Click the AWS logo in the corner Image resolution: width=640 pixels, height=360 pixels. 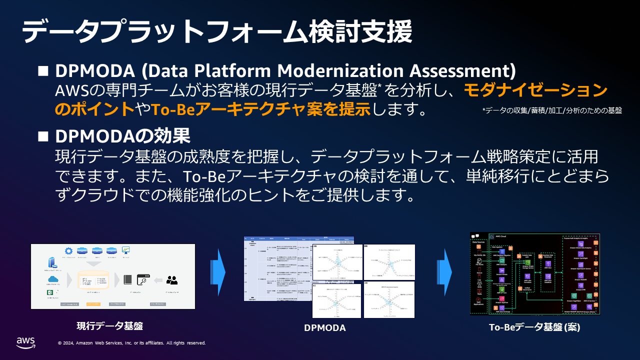pos(25,342)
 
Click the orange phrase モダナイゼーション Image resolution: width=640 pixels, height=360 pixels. pos(535,90)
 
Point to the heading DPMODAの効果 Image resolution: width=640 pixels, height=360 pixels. pos(122,136)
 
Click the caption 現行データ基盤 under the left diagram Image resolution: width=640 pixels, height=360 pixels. pos(109,326)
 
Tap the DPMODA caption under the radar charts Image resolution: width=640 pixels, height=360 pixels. pos(325,328)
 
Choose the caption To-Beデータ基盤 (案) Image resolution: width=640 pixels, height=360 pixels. pos(534,328)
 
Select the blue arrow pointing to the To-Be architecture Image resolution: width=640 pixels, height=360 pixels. pos(444,272)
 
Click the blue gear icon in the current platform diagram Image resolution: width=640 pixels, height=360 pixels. pos(68,250)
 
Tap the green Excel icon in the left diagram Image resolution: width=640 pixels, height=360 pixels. pos(50,292)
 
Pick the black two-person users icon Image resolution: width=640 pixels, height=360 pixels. pos(172,279)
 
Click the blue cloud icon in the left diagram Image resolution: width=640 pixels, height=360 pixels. pos(53,279)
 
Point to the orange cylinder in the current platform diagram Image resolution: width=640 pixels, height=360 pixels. pos(93,280)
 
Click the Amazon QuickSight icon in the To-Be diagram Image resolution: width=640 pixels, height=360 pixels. pos(580,253)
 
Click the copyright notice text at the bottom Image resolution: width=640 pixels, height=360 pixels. pos(131,343)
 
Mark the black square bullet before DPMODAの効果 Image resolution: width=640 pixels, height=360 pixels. pos(43,136)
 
